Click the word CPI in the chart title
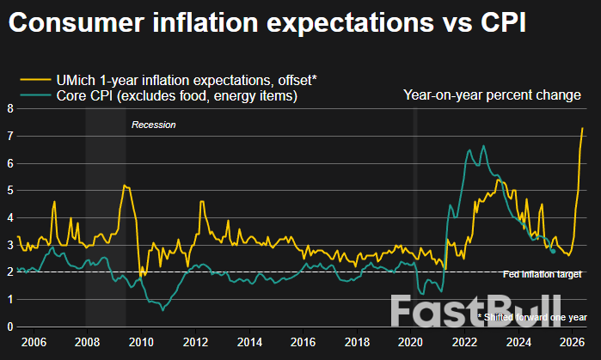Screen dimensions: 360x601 497,24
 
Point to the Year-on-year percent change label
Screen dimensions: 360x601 492,95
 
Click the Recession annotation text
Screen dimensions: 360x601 153,125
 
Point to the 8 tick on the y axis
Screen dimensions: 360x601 9,108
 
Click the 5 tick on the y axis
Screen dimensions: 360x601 9,190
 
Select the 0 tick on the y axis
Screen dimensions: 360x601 9,326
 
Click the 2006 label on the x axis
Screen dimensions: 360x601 33,342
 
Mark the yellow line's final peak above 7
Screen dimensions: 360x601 583,128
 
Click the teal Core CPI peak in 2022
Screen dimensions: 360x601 484,146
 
